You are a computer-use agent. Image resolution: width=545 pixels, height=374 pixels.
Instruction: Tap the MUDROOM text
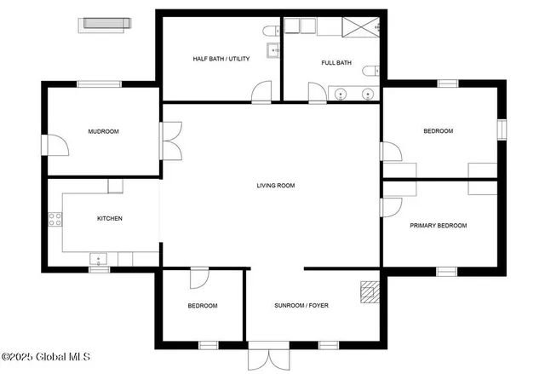click(x=103, y=132)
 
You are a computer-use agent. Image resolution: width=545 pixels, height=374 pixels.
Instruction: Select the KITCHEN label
click(x=109, y=219)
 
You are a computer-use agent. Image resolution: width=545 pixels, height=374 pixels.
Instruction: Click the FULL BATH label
click(x=336, y=62)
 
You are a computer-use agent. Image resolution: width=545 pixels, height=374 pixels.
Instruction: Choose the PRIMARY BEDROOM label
click(x=439, y=226)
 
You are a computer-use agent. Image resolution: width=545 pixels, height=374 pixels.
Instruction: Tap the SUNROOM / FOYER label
click(x=301, y=305)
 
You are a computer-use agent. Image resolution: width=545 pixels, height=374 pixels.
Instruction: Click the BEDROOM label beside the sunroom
click(x=203, y=306)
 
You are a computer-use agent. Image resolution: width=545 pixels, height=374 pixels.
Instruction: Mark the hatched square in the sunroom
click(x=368, y=292)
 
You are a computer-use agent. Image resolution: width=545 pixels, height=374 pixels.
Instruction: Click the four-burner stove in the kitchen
click(x=55, y=219)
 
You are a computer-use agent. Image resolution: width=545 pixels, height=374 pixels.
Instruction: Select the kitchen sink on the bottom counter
click(x=100, y=260)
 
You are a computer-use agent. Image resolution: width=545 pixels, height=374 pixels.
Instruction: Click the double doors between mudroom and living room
click(x=172, y=141)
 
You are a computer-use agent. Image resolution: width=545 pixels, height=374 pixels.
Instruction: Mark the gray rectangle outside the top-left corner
click(x=106, y=24)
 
